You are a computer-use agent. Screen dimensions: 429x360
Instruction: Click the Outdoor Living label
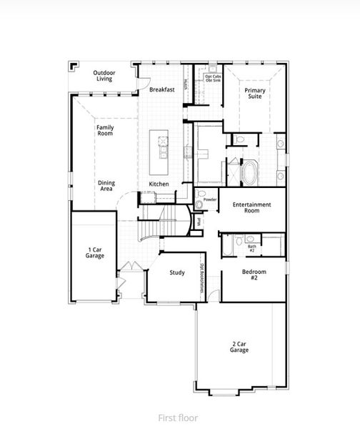(104, 75)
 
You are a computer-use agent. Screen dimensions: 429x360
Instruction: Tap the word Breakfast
(162, 90)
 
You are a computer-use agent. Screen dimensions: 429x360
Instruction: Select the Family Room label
(105, 130)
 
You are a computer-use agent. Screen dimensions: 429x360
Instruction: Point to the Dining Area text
(106, 186)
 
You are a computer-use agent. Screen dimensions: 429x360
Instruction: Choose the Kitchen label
(159, 184)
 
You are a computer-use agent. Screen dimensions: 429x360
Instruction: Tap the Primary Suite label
(255, 94)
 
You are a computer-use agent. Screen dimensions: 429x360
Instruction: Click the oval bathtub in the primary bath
(251, 173)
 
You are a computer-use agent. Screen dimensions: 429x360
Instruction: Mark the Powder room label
(210, 199)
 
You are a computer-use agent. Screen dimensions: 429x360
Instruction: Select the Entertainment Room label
(251, 207)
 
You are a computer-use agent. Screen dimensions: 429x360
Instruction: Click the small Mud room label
(198, 222)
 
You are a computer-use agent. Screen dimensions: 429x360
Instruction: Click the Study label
(177, 273)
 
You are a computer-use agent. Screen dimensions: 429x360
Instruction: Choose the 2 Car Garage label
(240, 347)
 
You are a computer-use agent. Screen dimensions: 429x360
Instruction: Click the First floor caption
(178, 418)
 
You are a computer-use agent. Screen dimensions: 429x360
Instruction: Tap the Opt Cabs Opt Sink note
(213, 79)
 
